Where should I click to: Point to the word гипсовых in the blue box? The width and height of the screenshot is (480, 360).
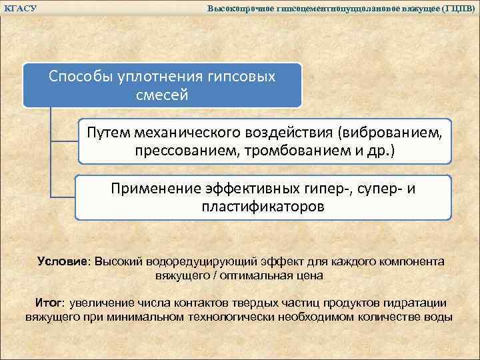242,76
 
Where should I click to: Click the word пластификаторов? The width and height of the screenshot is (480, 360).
263,207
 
